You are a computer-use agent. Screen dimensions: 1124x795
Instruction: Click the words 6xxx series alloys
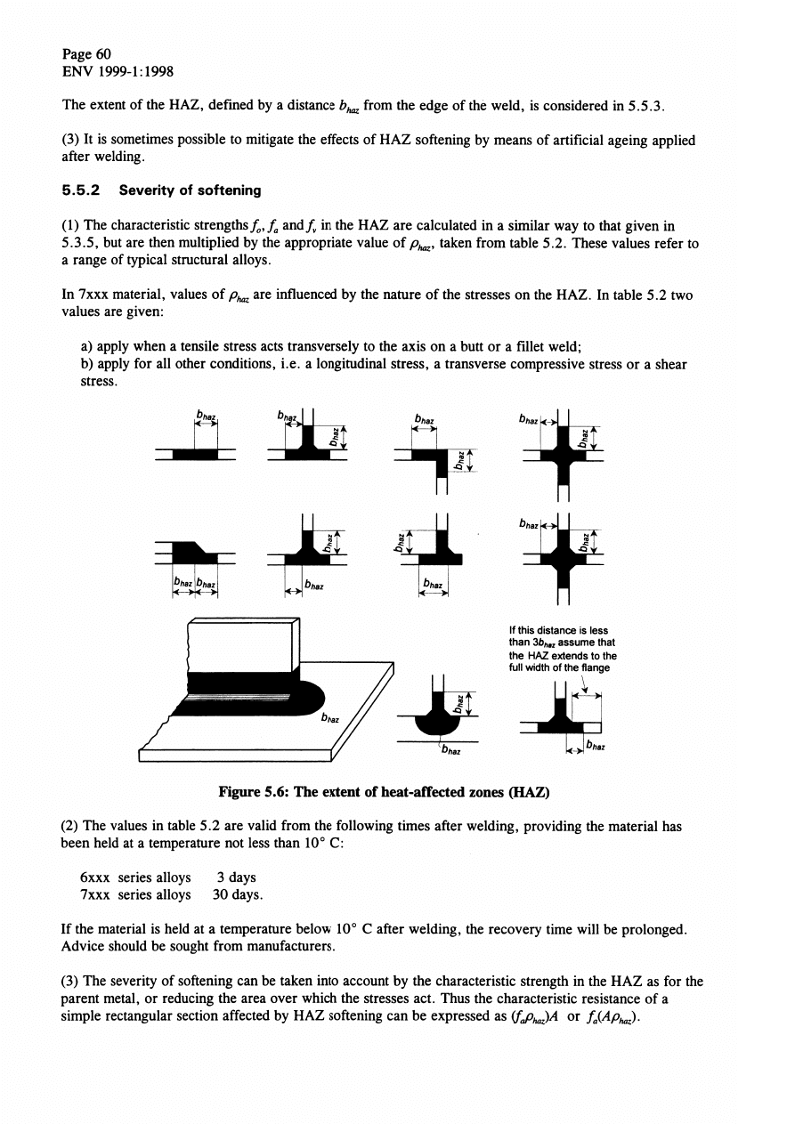point(135,877)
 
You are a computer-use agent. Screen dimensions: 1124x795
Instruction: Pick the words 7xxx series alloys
point(135,894)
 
